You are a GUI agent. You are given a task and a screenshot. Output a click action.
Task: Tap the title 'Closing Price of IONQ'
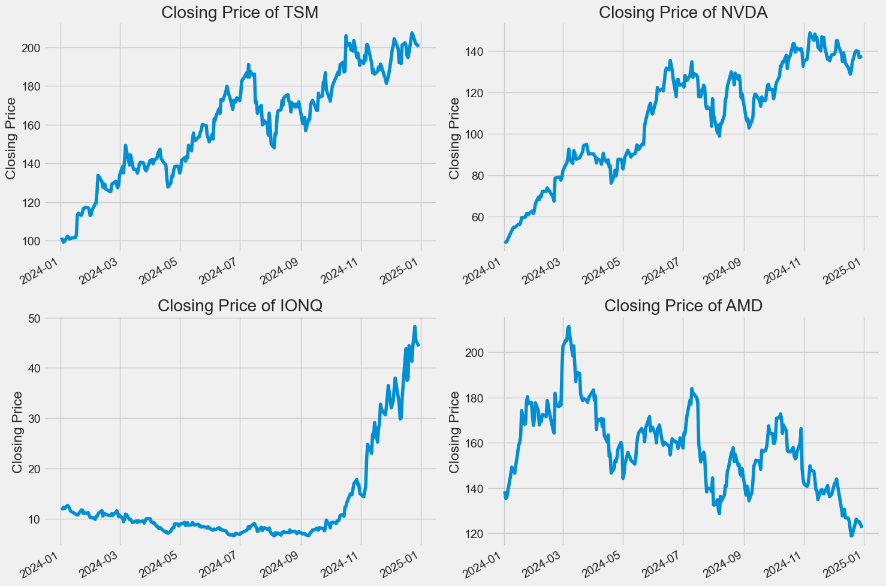click(240, 305)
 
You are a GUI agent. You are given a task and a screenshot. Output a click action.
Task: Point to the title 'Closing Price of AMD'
click(683, 305)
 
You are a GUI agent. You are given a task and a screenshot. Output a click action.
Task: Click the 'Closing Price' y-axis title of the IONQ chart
click(18, 432)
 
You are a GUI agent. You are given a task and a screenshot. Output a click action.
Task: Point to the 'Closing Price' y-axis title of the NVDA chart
click(454, 139)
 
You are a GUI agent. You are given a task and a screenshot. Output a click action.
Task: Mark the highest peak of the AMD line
click(568, 327)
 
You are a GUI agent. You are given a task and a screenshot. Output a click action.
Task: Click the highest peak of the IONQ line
click(415, 327)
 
